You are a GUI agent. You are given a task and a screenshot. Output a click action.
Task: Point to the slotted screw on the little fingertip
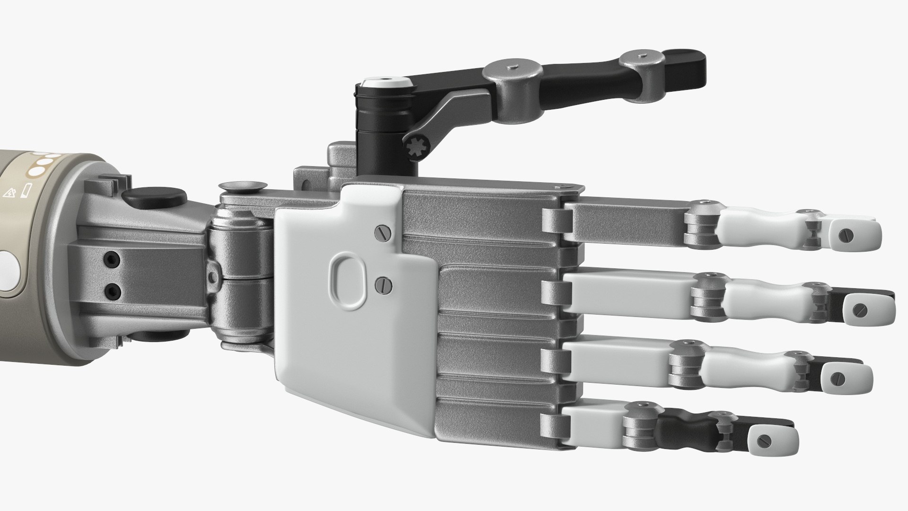[x=763, y=440]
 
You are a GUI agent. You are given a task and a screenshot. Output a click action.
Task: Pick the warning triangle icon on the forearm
[x=9, y=193]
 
